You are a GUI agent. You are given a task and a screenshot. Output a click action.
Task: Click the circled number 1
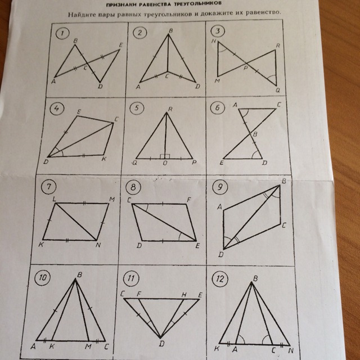coord(62,34)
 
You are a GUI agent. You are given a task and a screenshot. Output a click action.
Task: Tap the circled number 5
coord(137,109)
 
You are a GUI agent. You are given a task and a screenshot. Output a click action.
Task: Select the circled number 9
coord(220,187)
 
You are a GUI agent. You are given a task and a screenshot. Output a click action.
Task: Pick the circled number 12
coord(220,279)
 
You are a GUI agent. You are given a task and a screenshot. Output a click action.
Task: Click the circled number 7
coord(48,187)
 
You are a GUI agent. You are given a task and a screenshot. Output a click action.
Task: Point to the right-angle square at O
coord(165,156)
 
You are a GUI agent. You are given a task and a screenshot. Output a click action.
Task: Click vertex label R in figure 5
coord(170,109)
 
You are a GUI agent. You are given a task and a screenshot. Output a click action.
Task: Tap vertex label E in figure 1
coord(121,45)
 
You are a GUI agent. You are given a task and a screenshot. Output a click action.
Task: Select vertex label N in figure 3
coord(214,41)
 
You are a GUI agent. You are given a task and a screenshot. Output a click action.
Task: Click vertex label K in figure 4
coord(104,159)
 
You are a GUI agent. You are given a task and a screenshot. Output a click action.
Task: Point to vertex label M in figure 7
coord(112,199)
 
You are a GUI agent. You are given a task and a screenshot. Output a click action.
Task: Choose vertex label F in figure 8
coord(189,200)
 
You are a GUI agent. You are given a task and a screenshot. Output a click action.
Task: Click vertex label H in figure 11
coord(184,295)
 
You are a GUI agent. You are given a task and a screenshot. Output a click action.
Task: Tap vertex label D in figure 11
coord(162,344)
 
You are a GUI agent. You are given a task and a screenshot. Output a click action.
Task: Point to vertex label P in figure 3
coord(246,68)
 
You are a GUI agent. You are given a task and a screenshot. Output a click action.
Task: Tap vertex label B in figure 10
coord(80,275)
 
